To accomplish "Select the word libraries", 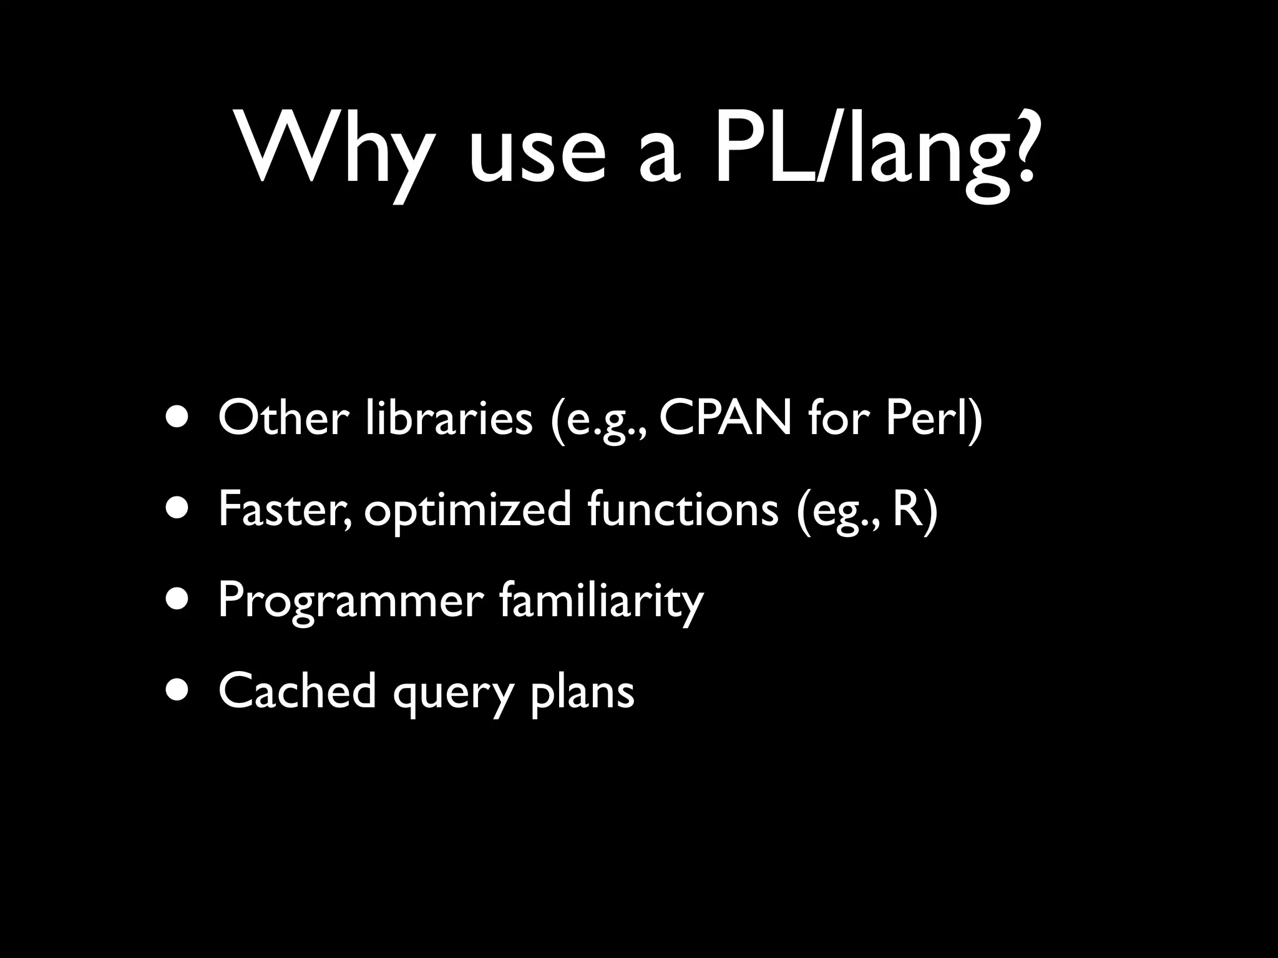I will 449,417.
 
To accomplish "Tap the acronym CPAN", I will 724,417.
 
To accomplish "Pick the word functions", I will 683,508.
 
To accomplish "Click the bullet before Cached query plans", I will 179,692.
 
